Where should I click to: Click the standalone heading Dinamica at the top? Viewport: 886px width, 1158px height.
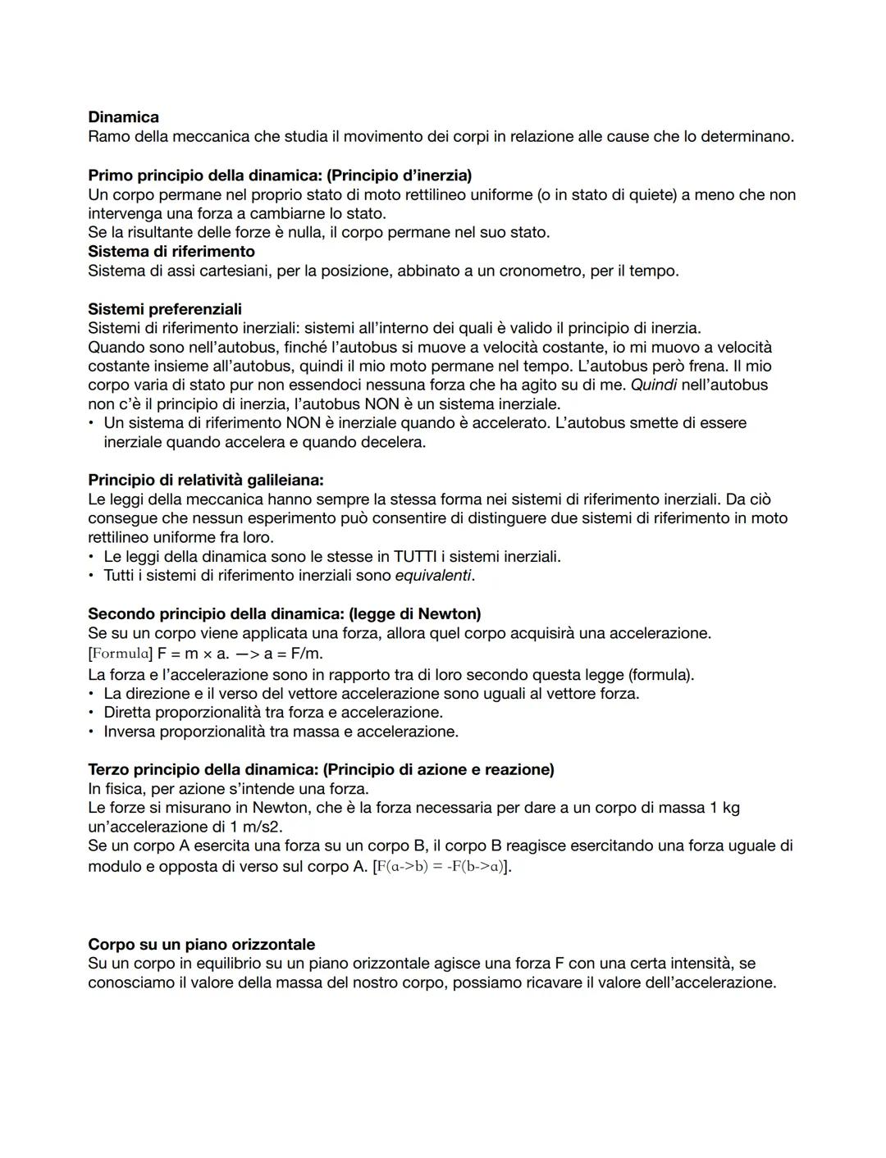123,117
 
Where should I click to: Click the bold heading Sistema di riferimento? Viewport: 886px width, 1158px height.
171,251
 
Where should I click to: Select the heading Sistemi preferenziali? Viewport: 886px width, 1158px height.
165,309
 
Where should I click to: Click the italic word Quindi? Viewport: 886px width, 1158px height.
653,385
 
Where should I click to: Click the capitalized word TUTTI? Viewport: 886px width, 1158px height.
409,557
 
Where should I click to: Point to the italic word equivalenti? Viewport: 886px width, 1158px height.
433,576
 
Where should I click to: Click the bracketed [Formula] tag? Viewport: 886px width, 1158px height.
121,654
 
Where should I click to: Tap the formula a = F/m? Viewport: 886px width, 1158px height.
293,654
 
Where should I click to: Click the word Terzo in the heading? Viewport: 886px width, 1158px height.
108,769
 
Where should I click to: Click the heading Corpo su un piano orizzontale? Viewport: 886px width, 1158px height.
202,944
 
